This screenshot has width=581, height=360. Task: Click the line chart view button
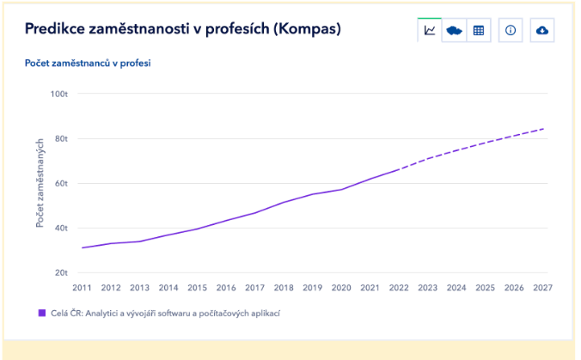pos(430,30)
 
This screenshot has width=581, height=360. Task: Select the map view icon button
pos(454,30)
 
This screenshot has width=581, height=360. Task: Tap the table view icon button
pos(479,30)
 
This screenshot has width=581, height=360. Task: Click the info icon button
pos(511,30)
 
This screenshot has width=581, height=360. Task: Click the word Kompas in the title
pos(307,29)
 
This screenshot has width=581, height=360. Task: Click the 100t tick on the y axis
pos(59,94)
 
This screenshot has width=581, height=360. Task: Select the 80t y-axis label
pos(61,138)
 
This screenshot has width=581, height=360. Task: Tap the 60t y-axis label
pos(61,183)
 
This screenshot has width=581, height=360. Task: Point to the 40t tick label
pos(61,228)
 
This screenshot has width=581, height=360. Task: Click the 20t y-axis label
pos(61,272)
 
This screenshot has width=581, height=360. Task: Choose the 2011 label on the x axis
pos(82,288)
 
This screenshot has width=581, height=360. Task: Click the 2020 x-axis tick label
pos(341,288)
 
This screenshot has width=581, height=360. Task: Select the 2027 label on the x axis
pos(542,288)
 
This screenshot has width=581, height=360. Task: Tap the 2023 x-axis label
pos(427,288)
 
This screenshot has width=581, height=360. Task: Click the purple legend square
pos(42,314)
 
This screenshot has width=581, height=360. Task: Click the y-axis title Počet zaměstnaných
pos(40,183)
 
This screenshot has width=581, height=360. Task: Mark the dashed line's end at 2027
pos(543,129)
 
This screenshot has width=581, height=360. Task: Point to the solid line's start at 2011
pos(82,247)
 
